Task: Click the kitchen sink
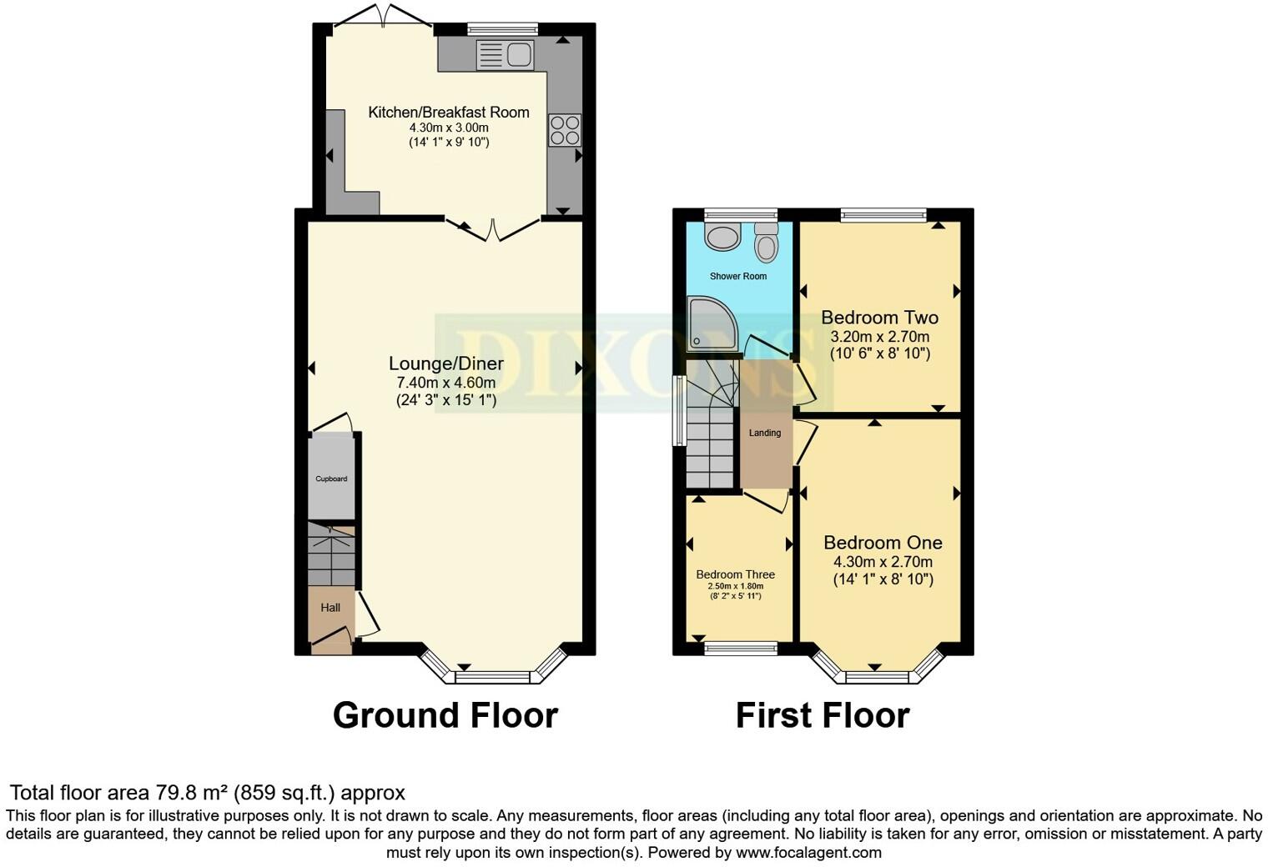point(506,55)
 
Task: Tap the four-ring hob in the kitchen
point(565,131)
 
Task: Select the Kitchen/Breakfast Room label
point(449,113)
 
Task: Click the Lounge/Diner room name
point(446,363)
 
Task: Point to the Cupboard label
point(331,479)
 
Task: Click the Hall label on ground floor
point(330,608)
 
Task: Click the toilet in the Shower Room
point(765,243)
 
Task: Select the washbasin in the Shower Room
point(722,237)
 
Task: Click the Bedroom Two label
point(880,318)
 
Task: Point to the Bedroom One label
point(883,543)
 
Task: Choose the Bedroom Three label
point(736,574)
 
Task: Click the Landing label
point(765,433)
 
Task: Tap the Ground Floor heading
point(445,715)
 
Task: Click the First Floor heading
point(823,715)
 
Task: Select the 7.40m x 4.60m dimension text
point(446,383)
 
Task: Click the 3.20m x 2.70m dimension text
point(880,337)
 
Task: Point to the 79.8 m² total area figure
point(193,793)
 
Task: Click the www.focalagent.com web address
point(807,853)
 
